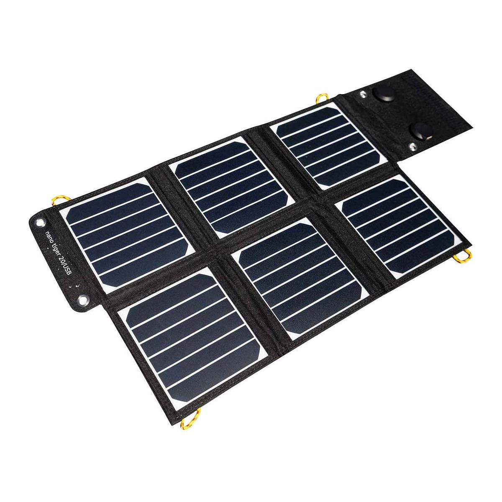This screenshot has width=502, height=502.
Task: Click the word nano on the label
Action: tap(49, 237)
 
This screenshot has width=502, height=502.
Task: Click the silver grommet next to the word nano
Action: tap(41, 223)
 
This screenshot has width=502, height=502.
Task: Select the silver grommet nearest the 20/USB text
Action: tap(83, 300)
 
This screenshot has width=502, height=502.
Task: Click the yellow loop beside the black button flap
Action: tap(322, 98)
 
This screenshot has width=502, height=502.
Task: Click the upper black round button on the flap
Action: tap(383, 94)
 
